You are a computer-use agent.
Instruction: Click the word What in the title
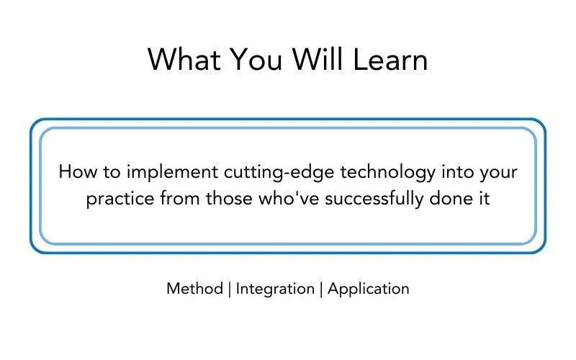(x=184, y=60)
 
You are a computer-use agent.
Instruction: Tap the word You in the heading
(x=256, y=60)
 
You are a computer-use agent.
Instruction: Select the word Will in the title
(x=318, y=59)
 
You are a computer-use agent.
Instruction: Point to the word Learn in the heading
(x=390, y=60)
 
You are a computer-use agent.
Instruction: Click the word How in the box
(x=78, y=172)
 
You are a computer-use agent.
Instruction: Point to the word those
(x=229, y=199)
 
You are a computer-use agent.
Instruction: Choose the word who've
(x=289, y=199)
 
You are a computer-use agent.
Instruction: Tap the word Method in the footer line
(x=194, y=289)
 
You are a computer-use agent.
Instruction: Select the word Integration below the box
(x=275, y=289)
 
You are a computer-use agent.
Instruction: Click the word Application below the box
(x=369, y=289)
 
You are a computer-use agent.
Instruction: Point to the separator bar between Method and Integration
(x=230, y=289)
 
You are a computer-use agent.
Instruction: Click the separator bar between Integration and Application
(x=321, y=289)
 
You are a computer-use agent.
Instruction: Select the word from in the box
(x=180, y=199)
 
